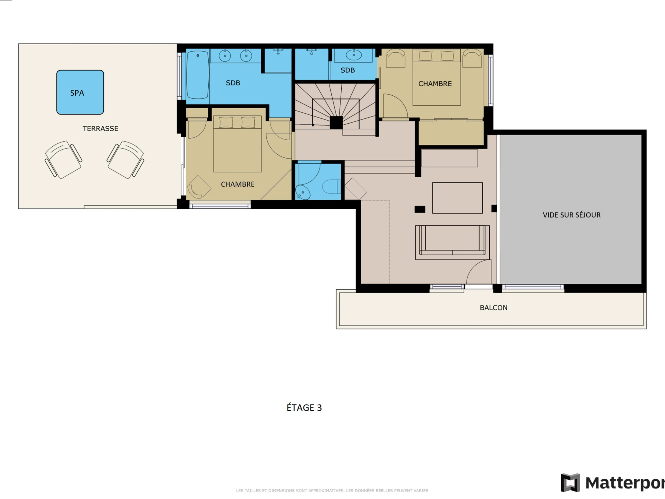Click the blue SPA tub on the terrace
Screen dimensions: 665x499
[80, 92]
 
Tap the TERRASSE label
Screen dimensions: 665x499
[100, 129]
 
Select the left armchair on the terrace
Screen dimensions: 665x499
[63, 159]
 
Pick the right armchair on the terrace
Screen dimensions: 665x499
[126, 159]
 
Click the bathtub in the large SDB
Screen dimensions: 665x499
[198, 75]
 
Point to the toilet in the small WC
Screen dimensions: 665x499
[332, 187]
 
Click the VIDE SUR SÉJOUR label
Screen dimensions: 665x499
[572, 215]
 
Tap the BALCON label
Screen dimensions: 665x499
[494, 308]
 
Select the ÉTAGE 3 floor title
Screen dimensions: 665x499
[304, 408]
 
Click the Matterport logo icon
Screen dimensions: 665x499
[570, 483]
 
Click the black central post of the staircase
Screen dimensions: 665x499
[336, 123]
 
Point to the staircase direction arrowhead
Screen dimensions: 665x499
[313, 125]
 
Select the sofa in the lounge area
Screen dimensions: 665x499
[452, 242]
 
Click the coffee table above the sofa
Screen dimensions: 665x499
[457, 198]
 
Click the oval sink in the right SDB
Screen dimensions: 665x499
[354, 55]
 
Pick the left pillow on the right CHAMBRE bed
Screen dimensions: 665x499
[425, 56]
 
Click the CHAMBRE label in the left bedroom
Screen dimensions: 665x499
[237, 184]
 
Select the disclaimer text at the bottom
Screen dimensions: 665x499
[332, 491]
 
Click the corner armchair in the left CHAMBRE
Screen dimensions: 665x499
[199, 187]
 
